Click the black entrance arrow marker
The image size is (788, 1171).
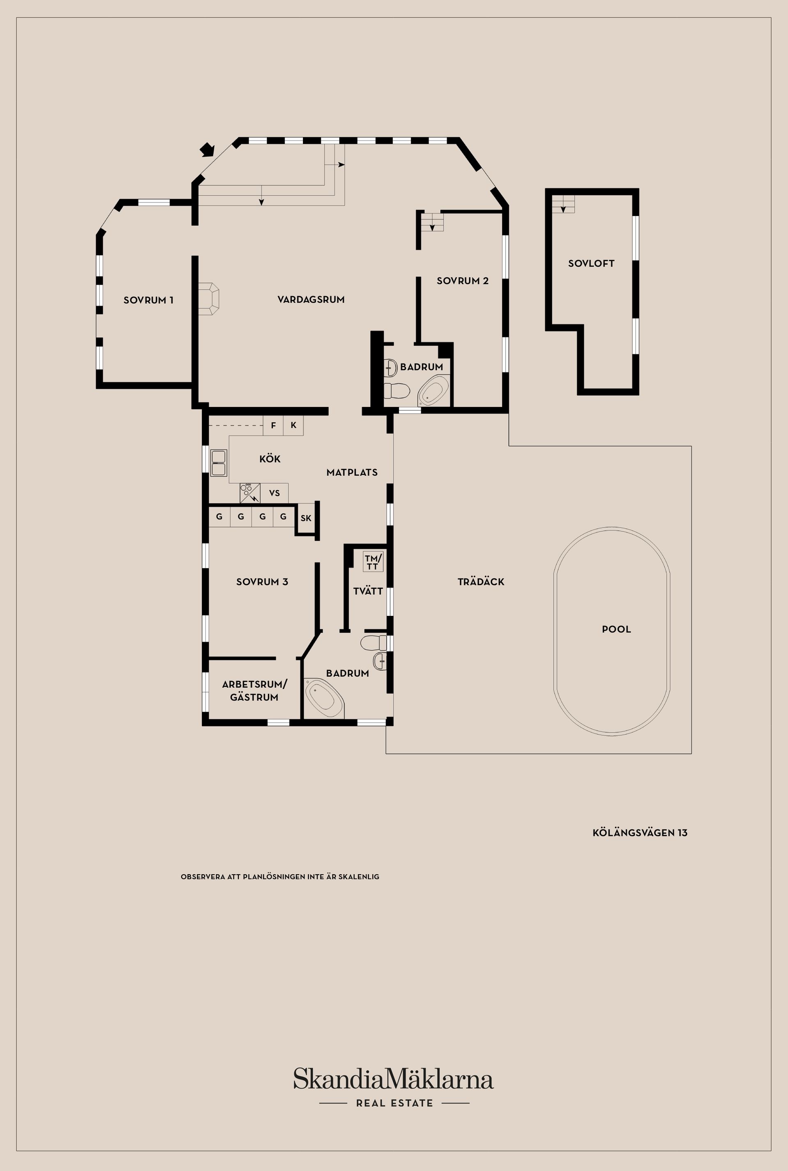tap(207, 149)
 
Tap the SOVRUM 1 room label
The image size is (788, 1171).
tap(148, 300)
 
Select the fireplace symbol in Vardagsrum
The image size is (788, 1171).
tap(208, 299)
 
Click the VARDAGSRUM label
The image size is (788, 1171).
tap(311, 300)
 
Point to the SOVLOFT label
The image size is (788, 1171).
tap(591, 264)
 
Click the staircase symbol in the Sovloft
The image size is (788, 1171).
tap(564, 204)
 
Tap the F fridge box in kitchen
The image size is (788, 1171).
tap(273, 425)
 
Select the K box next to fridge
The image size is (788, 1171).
tap(293, 425)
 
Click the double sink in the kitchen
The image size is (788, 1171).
tap(219, 463)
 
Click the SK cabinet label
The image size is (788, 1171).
tap(306, 519)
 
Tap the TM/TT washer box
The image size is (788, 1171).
tap(373, 562)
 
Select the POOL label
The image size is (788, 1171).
tap(616, 629)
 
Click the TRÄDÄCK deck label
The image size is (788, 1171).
tap(481, 582)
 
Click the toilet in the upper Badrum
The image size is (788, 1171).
tap(396, 390)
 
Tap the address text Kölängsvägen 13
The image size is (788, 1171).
tap(640, 833)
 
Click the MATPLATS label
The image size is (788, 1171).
tap(352, 472)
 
